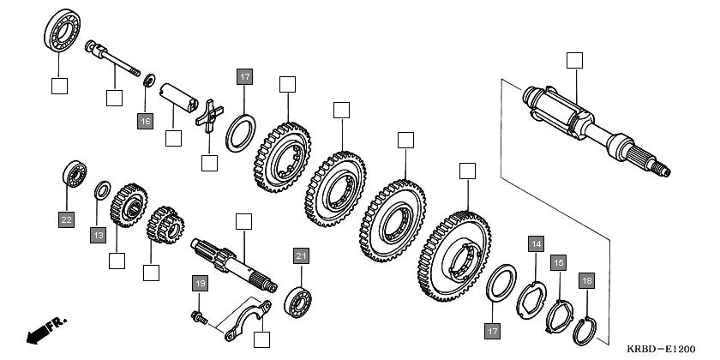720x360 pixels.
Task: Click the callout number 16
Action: pos(145,122)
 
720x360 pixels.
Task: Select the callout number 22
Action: pos(66,219)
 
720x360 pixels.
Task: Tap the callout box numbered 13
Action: pos(99,234)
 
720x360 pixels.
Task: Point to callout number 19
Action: pos(199,284)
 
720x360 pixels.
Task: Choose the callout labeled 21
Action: pos(300,255)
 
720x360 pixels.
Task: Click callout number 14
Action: pos(536,244)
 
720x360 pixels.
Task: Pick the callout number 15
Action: pos(558,263)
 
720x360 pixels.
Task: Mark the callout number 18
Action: pos(586,280)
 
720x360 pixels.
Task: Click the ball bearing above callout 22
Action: pos(73,176)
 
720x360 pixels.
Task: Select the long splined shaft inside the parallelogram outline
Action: pos(591,124)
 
